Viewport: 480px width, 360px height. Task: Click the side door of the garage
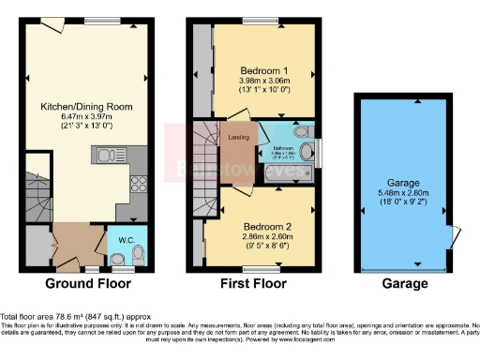(x=454, y=236)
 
